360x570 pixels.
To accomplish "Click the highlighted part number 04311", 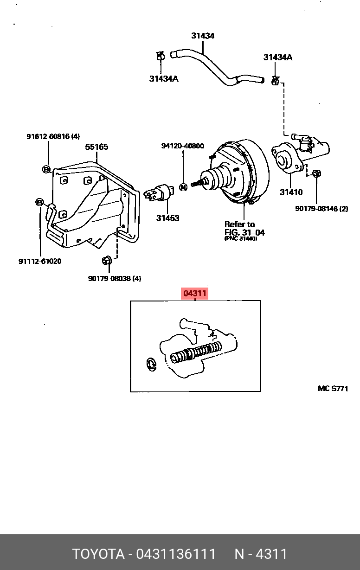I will coord(195,294).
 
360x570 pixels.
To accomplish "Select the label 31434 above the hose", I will coord(203,36).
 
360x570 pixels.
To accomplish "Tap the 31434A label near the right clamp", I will coord(278,58).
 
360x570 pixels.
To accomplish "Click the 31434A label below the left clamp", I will coord(164,79).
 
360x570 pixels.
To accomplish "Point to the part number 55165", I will coord(96,147).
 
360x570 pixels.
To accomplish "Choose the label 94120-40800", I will coord(183,146).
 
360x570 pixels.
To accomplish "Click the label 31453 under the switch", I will coord(167,218).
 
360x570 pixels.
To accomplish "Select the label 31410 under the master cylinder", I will coord(291,192).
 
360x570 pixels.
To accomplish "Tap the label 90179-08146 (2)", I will coord(321,209).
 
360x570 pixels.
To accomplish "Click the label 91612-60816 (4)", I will coord(53,136).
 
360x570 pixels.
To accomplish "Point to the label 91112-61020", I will coord(40,261).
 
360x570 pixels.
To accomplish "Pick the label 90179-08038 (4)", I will coord(115,278).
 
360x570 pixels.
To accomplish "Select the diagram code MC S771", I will coord(333,389).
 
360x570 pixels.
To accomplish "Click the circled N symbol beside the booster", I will coord(183,187).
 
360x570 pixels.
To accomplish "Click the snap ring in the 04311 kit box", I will coord(152,365).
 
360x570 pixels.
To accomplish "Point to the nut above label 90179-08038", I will coord(106,260).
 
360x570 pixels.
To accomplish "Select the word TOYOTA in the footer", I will coord(98,554).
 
